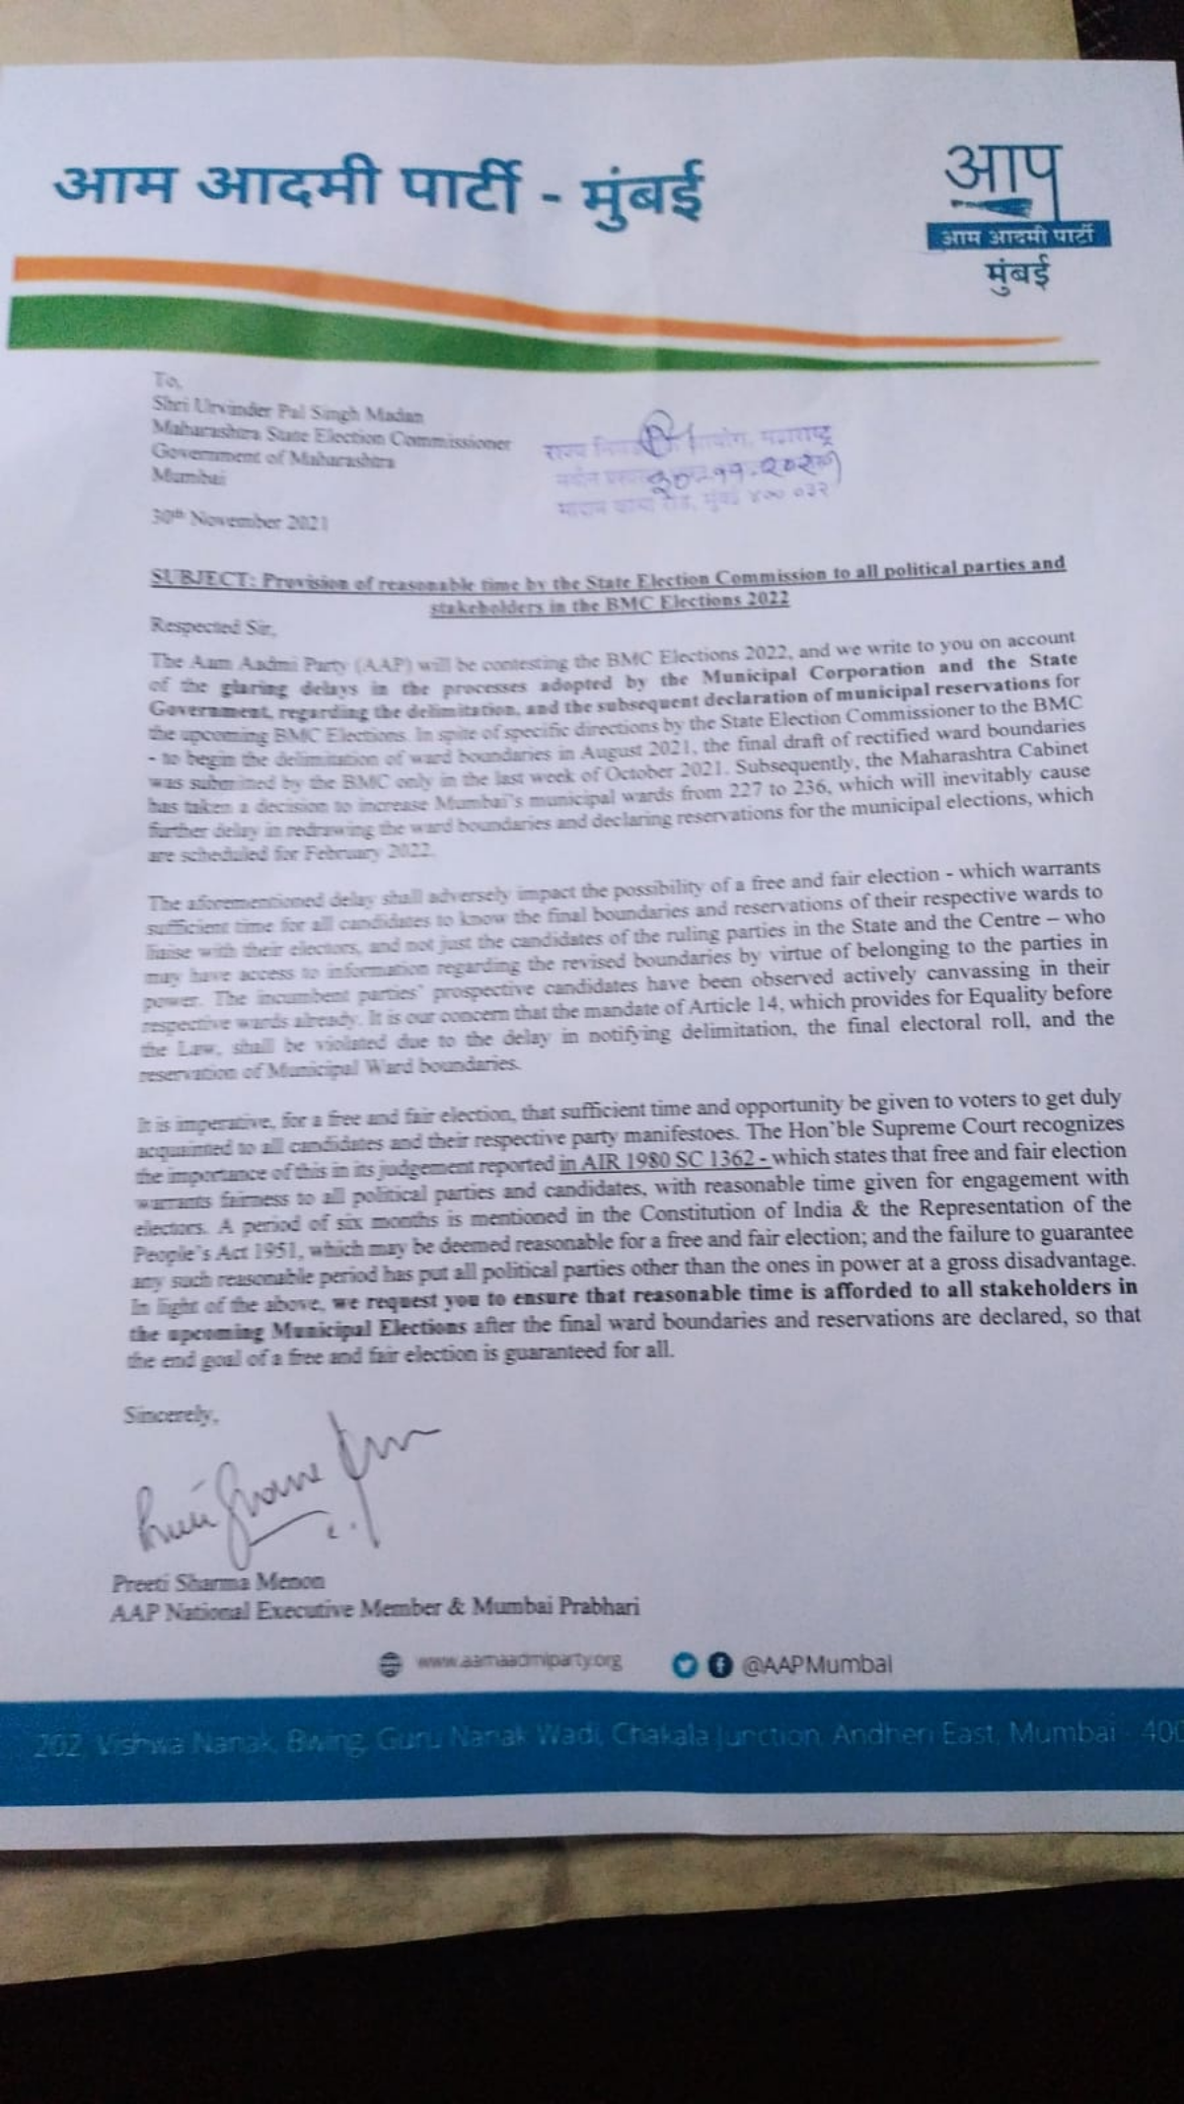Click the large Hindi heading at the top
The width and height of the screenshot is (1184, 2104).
(380, 187)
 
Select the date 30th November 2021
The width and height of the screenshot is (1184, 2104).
(240, 519)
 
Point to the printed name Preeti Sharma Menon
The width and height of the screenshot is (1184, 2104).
(218, 1582)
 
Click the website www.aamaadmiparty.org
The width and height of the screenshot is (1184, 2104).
(519, 1661)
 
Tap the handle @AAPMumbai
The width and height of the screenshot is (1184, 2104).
(816, 1665)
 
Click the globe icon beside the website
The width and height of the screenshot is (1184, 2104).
(392, 1663)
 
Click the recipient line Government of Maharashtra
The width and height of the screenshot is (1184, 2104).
(273, 457)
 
